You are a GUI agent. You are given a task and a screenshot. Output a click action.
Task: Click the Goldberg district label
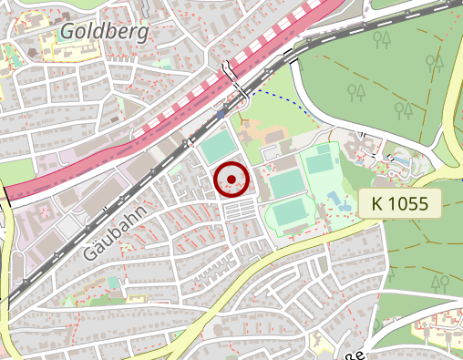point(104,33)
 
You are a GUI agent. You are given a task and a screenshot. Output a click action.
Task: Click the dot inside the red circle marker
point(231,180)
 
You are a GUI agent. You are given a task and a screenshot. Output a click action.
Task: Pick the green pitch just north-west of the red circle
point(217,146)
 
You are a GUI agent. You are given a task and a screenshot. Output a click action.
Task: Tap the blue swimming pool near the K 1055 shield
point(335,199)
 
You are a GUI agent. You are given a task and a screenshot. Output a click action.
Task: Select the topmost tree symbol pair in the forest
point(383,39)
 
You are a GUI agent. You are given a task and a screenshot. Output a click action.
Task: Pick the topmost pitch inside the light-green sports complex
point(319,163)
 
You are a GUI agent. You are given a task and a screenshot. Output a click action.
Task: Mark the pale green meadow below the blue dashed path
point(273,114)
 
